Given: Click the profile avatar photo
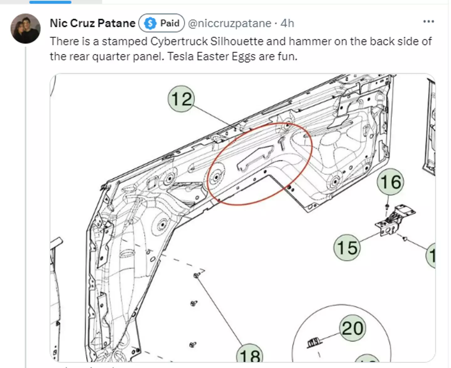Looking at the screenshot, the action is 25,29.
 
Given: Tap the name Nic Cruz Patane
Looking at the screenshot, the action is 93,23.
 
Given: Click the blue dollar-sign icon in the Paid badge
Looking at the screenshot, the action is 150,23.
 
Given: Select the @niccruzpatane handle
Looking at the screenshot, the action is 230,23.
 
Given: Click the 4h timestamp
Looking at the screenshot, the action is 288,23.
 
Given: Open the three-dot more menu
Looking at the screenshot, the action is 428,21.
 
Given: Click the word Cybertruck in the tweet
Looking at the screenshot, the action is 179,41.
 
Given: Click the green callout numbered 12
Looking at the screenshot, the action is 181,99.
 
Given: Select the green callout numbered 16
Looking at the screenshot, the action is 390,182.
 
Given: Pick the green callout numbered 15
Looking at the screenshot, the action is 347,247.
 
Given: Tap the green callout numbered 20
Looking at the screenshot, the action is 352,328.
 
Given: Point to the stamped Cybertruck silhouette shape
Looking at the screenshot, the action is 255,158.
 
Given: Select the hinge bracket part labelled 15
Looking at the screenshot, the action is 395,220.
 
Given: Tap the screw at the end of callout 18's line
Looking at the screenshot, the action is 196,275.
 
